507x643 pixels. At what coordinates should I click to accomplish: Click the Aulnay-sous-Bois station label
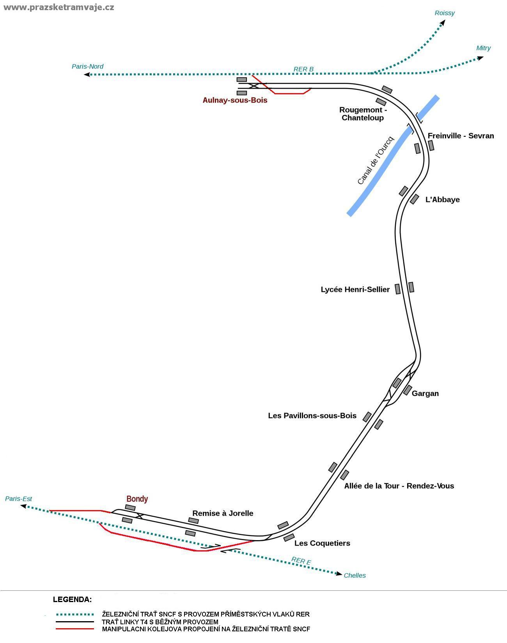(235, 100)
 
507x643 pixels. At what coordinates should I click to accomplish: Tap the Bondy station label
(137, 499)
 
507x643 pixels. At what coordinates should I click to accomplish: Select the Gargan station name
(425, 393)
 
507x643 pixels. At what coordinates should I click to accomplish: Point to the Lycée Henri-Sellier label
(355, 289)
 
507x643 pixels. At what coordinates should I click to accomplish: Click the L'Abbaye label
(442, 200)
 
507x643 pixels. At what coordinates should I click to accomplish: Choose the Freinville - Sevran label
(461, 136)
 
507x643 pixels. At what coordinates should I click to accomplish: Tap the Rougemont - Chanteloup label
(363, 114)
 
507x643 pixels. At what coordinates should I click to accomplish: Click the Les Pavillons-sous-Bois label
(312, 415)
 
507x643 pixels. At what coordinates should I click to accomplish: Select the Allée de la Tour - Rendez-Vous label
(399, 486)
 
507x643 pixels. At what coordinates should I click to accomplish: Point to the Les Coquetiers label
(322, 543)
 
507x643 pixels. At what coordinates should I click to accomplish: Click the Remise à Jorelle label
(223, 513)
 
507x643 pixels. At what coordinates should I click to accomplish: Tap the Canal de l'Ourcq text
(376, 161)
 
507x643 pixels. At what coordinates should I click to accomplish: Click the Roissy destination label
(445, 13)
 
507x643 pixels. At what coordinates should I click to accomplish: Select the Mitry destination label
(483, 48)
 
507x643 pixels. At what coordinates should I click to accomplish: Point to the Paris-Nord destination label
(88, 66)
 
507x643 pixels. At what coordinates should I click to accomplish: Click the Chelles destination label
(355, 575)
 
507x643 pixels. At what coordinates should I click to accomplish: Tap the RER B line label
(303, 69)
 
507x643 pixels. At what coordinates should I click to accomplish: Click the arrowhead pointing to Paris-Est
(23, 505)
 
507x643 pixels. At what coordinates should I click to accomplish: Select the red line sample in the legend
(74, 629)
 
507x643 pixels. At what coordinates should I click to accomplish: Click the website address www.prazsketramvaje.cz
(58, 7)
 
